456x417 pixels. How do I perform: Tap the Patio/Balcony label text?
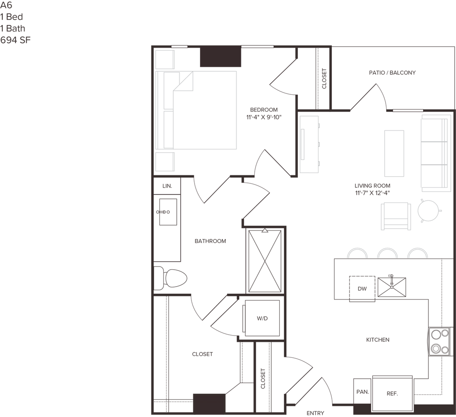pos(392,73)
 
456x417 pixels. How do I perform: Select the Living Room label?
pos(372,189)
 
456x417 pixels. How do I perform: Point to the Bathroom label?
pos(211,241)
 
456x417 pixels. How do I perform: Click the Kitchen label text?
pos(378,340)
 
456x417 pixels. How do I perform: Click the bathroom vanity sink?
pos(167,212)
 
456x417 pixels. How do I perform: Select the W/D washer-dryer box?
pos(262,318)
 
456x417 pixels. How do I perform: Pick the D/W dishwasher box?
pos(362,288)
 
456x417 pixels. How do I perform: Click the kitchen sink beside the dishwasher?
pos(392,287)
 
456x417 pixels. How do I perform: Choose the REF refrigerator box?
pos(392,393)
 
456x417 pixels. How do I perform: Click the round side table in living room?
pos(429,210)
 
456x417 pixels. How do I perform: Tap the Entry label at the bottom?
pos(315,413)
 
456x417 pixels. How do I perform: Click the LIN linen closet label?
pos(167,186)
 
